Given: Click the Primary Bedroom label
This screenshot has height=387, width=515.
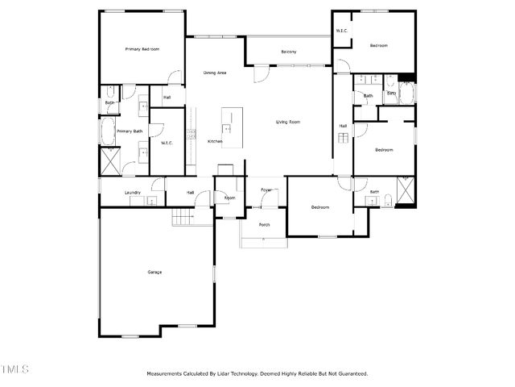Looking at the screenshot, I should tap(142, 49).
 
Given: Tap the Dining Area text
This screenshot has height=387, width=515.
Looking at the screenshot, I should tap(214, 73).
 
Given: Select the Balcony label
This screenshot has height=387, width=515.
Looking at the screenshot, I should tap(288, 52).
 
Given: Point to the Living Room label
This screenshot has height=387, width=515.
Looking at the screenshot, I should tap(288, 122).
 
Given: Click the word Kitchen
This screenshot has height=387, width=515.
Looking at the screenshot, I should tap(215, 142).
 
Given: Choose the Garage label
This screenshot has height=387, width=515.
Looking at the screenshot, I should tap(154, 272).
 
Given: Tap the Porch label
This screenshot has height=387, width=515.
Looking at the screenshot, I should tap(264, 225).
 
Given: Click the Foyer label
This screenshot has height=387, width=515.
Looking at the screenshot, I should tap(266, 190).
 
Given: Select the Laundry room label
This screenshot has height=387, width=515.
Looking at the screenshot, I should tap(133, 192).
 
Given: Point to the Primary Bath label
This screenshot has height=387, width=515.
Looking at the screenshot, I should tap(130, 131).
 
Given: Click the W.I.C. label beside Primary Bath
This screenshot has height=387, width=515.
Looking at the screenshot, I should tap(167, 143).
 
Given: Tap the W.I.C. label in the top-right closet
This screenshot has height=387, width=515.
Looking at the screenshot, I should tap(341, 31).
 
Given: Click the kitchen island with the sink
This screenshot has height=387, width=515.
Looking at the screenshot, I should tap(228, 125).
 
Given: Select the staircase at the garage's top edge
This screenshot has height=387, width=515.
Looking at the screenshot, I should tap(183, 217).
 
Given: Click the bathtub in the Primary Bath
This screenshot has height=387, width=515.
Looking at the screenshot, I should tap(109, 129).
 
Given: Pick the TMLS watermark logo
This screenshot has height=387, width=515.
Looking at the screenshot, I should tap(14, 369).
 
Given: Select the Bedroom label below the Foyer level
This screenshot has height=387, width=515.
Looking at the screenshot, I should tap(320, 207).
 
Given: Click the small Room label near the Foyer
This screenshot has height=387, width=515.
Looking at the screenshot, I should tap(229, 198).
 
